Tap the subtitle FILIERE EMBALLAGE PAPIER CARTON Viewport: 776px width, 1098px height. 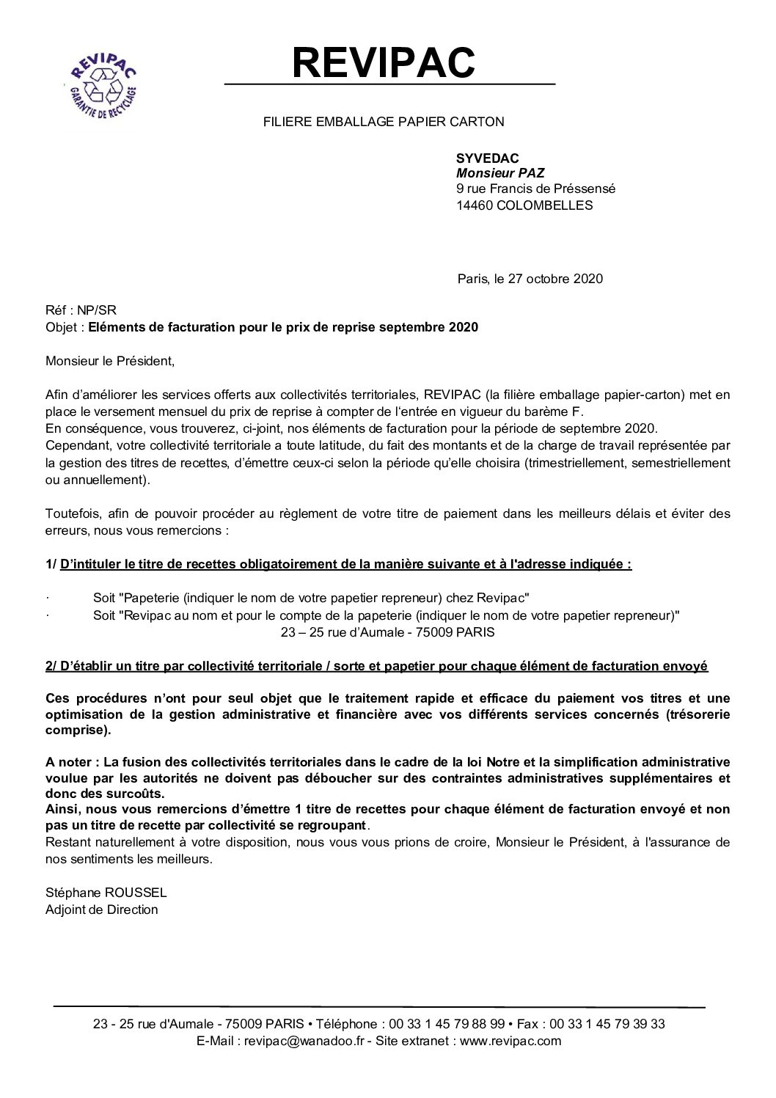click(384, 122)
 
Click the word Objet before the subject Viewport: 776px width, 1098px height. click(62, 327)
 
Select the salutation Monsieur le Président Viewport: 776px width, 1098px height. click(111, 361)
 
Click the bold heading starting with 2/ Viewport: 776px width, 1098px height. click(376, 666)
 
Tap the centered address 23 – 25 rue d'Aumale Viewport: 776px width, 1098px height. click(387, 632)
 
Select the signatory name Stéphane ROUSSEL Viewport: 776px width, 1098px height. click(106, 893)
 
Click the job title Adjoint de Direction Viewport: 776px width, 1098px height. click(102, 909)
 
